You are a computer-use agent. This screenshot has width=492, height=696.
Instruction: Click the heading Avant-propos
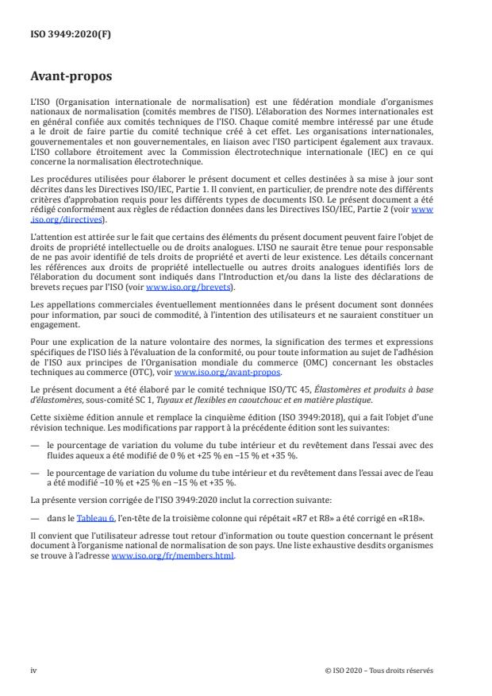(72, 78)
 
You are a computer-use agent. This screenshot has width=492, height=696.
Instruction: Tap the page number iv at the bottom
(34, 670)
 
